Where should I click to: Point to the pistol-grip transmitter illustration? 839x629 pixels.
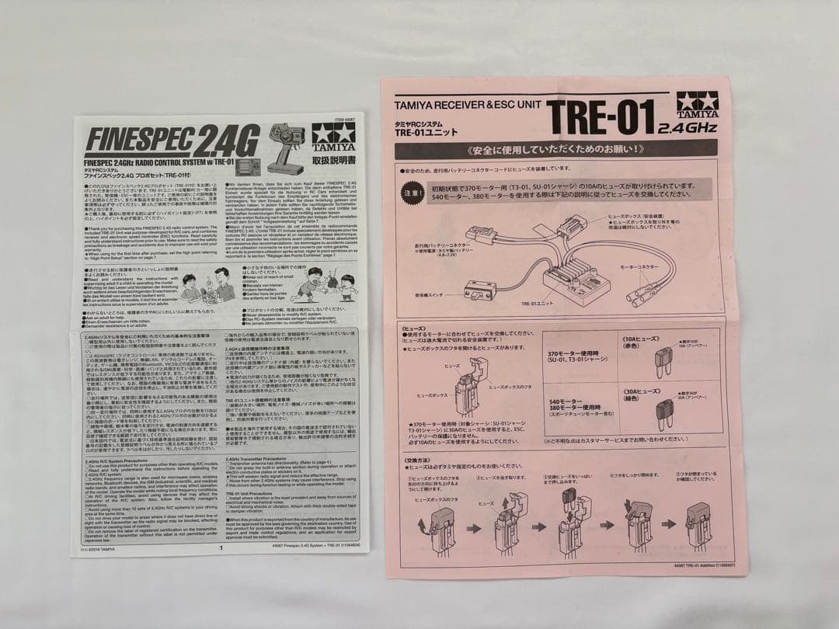coord(287,144)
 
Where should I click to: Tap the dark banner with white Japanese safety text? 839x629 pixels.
coord(556,148)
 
